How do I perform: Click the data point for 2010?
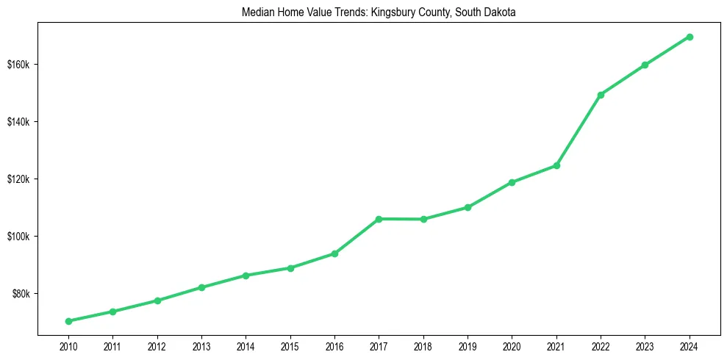tap(68, 321)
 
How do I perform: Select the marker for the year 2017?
tap(379, 219)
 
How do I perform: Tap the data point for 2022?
tap(601, 95)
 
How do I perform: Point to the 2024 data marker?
tap(690, 37)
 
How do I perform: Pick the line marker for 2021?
tap(556, 165)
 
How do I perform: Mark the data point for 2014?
tap(246, 276)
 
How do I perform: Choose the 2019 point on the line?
tap(468, 207)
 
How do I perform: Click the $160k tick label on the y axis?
tap(18, 65)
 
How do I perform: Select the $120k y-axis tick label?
tap(18, 179)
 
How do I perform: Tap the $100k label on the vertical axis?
tap(18, 237)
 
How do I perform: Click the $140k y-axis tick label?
tap(18, 122)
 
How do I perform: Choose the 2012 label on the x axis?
tap(157, 346)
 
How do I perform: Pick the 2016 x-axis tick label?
tap(334, 346)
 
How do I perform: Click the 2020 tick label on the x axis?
tap(512, 346)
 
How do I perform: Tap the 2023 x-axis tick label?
tap(645, 346)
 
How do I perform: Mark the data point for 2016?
tap(334, 253)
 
